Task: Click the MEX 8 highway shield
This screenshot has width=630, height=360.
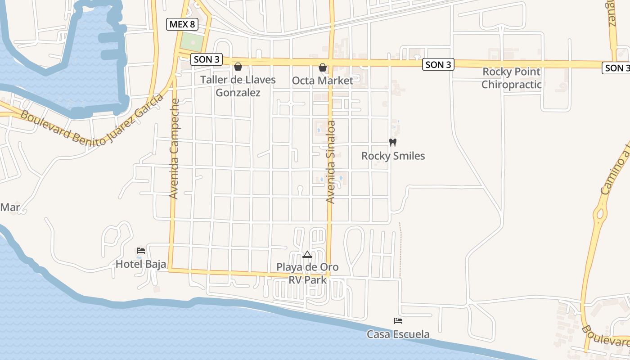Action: pos(182,24)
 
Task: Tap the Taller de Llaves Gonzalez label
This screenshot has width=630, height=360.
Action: pos(238,86)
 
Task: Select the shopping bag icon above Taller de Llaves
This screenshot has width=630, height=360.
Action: pos(238,67)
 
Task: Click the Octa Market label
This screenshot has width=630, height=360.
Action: pos(323,81)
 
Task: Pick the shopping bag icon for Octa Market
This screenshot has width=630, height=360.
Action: pos(323,67)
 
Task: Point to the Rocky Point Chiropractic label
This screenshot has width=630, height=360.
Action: pos(511,78)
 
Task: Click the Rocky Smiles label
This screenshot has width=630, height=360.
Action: pos(393,156)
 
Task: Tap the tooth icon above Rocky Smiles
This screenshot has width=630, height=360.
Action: pos(392,142)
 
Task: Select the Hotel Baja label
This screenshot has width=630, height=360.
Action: pos(141,264)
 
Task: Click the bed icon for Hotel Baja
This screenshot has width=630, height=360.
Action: pos(141,251)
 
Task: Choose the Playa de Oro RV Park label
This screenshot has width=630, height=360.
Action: pos(307,273)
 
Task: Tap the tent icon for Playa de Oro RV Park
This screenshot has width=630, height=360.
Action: pos(307,255)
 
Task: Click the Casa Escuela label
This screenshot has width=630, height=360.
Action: pos(398,334)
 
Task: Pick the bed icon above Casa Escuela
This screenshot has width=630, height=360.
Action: pos(398,321)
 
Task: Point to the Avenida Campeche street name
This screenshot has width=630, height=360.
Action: pos(174,148)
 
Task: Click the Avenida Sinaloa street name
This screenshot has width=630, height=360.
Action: pos(331,162)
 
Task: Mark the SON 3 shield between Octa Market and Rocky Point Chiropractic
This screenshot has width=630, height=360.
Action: pos(438,65)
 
